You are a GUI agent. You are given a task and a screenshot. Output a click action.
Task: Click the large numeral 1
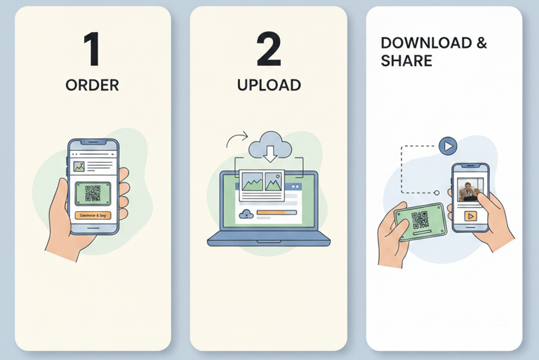click(x=92, y=50)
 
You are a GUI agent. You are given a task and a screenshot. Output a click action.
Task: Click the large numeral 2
click(x=268, y=50)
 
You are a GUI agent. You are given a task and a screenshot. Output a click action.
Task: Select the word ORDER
click(x=92, y=86)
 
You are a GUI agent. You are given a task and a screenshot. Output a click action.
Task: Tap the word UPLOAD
click(x=269, y=86)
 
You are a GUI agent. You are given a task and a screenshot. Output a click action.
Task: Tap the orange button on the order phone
click(x=93, y=215)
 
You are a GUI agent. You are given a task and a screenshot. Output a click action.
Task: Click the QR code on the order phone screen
click(x=93, y=193)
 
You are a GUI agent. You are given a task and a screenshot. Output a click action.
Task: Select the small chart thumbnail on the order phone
click(x=79, y=167)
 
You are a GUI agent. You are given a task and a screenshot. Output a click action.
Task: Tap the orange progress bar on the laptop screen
click(x=277, y=212)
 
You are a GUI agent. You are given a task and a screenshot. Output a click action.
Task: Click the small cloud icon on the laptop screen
click(x=246, y=213)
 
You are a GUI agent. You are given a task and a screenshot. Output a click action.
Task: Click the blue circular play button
click(x=448, y=146)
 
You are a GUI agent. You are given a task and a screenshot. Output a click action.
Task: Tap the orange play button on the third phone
click(x=470, y=216)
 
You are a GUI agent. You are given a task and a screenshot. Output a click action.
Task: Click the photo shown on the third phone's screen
click(x=470, y=191)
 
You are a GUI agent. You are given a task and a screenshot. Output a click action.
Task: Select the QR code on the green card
click(x=420, y=220)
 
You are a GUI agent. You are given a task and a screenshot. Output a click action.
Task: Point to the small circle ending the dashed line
click(x=436, y=192)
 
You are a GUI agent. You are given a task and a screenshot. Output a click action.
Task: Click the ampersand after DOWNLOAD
click(x=481, y=44)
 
